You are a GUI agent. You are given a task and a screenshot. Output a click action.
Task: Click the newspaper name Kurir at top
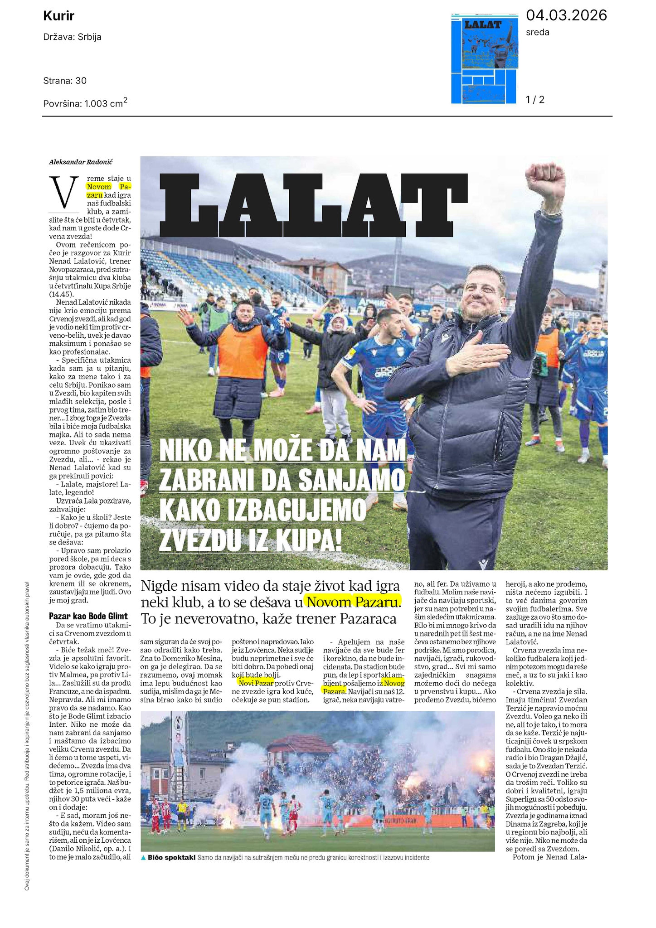point(58,16)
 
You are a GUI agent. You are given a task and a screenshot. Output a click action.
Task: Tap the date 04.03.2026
point(566,15)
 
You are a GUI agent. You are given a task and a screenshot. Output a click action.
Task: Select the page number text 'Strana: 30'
point(65,81)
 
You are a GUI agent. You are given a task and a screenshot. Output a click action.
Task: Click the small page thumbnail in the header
point(485,58)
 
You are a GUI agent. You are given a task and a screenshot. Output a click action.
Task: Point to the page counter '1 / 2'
point(535,99)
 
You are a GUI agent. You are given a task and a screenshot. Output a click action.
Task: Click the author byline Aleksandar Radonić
point(81,162)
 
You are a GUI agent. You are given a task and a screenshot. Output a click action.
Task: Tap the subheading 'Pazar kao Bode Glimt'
point(88,616)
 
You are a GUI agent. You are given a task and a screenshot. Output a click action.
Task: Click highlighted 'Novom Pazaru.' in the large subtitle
point(353,602)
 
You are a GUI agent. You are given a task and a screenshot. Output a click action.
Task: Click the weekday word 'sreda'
point(537,32)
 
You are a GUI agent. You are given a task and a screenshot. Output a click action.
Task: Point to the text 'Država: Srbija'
point(72,37)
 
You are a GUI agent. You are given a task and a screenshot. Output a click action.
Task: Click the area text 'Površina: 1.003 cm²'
point(85,103)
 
